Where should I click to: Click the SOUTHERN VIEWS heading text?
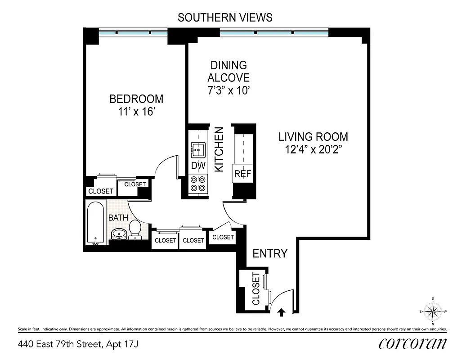coord(225,18)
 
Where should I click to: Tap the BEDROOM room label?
coord(136,99)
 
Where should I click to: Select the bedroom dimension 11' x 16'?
coord(136,111)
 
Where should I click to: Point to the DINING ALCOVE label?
coord(229,71)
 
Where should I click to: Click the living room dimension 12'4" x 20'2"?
coord(313,150)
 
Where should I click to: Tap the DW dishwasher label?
coord(198,166)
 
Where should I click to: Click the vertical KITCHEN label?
coord(219,149)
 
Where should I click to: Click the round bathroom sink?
coord(119,234)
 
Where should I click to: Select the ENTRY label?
coord(269,253)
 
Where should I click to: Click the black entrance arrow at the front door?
coord(282,311)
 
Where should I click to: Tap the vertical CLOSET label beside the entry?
coord(255,288)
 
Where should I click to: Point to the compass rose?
coord(433,310)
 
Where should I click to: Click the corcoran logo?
coord(412,343)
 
